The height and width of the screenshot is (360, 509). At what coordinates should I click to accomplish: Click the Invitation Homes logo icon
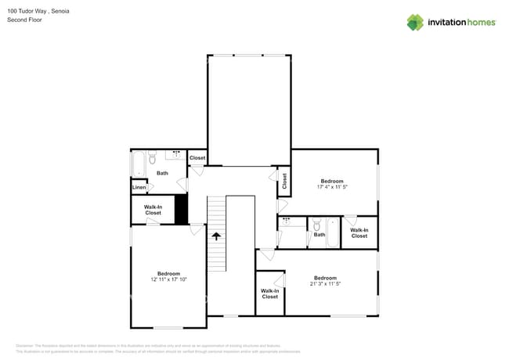(x=414, y=22)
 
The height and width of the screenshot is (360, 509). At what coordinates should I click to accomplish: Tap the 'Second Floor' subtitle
(x=24, y=20)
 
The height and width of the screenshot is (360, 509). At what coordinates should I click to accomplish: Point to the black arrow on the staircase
(x=217, y=234)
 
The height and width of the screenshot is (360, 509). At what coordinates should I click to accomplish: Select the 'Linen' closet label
(x=139, y=188)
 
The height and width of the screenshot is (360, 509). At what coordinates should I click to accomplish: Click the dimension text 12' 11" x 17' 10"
(x=168, y=279)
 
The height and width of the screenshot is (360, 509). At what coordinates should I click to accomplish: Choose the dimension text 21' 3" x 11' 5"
(x=325, y=283)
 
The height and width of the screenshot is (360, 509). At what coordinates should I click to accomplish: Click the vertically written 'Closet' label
(x=284, y=182)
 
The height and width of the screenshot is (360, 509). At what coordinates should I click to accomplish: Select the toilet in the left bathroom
(x=153, y=156)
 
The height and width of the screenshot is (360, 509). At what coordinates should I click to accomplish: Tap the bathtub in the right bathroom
(x=333, y=232)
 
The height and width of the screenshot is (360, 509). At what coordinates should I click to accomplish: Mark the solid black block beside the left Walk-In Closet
(x=181, y=209)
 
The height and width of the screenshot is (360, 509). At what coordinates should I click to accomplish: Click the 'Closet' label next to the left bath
(x=197, y=158)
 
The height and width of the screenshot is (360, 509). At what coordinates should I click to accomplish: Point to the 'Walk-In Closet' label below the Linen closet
(x=153, y=210)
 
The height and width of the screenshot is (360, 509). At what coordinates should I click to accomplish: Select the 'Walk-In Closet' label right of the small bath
(x=359, y=232)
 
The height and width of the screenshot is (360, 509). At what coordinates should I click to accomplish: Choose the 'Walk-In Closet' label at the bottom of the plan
(x=269, y=294)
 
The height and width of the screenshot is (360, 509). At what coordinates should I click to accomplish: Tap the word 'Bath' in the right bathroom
(x=319, y=235)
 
